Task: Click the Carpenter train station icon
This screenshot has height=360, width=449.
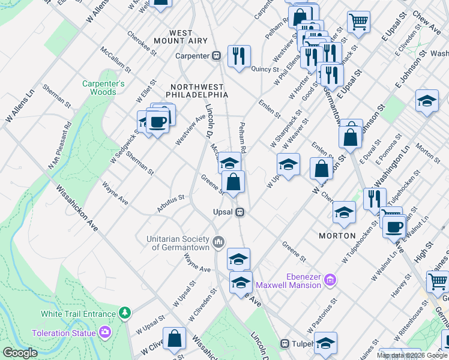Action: click(x=216, y=56)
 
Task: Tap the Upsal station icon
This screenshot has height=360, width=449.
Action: click(x=240, y=212)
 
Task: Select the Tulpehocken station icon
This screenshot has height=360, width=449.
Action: click(x=286, y=344)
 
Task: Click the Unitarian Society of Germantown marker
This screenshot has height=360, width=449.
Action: click(x=218, y=242)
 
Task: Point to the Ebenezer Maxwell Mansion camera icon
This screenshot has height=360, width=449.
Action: click(x=330, y=280)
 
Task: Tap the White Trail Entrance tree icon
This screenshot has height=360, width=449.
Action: click(x=124, y=313)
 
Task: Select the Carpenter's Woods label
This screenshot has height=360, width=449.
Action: click(x=103, y=88)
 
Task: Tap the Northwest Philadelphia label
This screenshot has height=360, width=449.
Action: click(x=199, y=91)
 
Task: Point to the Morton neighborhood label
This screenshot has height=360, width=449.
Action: click(x=337, y=236)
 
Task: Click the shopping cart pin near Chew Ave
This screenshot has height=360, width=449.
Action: click(x=358, y=22)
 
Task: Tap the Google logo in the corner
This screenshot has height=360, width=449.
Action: click(x=20, y=353)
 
